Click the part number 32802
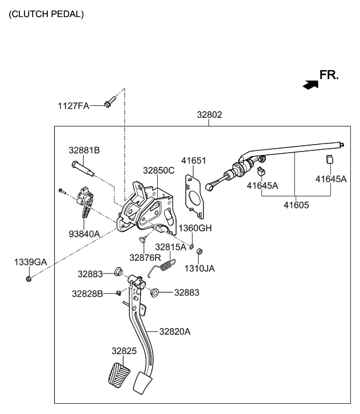[x=209, y=114]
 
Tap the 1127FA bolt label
[x=73, y=105]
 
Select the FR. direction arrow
[x=310, y=84]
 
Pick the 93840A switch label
[x=84, y=233]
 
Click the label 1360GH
[x=195, y=228]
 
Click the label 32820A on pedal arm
[x=174, y=331]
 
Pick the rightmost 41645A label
[x=331, y=178]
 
